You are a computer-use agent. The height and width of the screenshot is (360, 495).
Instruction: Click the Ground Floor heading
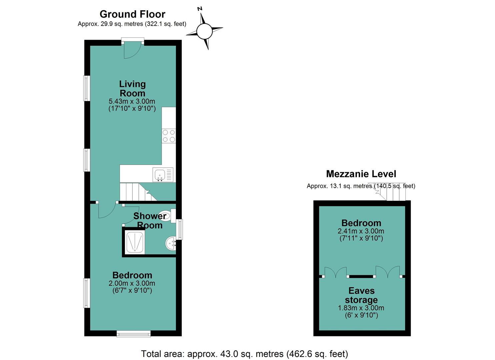[x=132, y=14]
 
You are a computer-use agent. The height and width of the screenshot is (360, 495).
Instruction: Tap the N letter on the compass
[x=200, y=9]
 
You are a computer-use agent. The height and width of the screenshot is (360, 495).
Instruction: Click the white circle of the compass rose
[x=204, y=32]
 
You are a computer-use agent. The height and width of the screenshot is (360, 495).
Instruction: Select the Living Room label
[x=132, y=88]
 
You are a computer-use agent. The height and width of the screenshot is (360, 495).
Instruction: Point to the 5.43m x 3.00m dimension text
[x=132, y=101]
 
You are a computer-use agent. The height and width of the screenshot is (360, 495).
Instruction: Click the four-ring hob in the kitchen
[x=169, y=136]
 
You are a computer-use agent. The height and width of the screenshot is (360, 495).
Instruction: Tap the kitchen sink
[x=163, y=175]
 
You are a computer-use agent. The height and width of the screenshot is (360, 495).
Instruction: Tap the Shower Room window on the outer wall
[x=181, y=229]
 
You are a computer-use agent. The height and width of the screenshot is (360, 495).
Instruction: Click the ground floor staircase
[x=138, y=192]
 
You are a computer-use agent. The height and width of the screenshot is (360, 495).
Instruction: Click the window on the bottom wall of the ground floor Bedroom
[x=133, y=333]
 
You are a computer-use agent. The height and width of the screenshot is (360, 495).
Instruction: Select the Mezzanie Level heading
[x=361, y=174]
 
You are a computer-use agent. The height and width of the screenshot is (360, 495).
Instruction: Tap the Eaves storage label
[x=361, y=295]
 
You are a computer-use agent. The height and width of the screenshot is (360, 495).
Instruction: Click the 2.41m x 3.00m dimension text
[x=361, y=231]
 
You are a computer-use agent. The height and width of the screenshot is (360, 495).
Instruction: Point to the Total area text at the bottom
[x=244, y=354]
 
